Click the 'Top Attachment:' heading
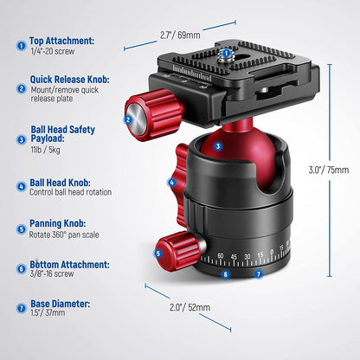pyautogui.click(x=61, y=41)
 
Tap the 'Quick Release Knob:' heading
pyautogui.click(x=70, y=80)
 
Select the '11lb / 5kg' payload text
pyautogui.click(x=46, y=150)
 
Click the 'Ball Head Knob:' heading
pyautogui.click(x=60, y=183)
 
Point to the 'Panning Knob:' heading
pyautogui.click(x=58, y=223)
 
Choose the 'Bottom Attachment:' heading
pyautogui.click(x=69, y=265)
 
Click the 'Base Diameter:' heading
pyautogui.click(x=61, y=304)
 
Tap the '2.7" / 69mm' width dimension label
pyautogui.click(x=180, y=35)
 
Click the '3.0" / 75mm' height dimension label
pyautogui.click(x=329, y=170)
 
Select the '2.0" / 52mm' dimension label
pyautogui.click(x=190, y=307)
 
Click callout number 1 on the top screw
pyautogui.click(x=226, y=53)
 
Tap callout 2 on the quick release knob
pyautogui.click(x=128, y=119)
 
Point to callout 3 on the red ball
pyautogui.click(x=218, y=146)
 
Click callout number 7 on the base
pyautogui.click(x=259, y=273)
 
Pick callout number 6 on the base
pyautogui.click(x=226, y=274)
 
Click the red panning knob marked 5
pyautogui.click(x=179, y=251)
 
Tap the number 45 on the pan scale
pyautogui.click(x=234, y=256)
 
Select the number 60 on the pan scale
pyautogui.click(x=221, y=255)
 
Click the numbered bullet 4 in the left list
pyautogui.click(x=22, y=186)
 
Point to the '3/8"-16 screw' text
pyautogui.click(x=52, y=273)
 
